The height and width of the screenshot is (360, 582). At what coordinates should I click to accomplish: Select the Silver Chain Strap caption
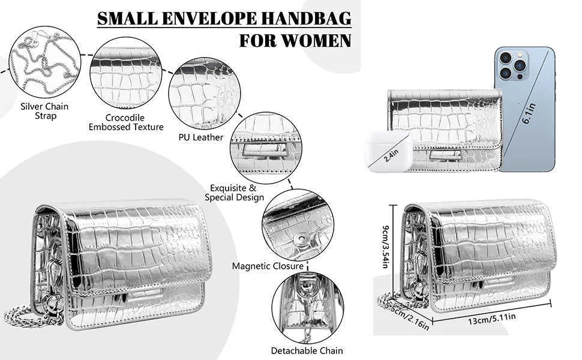tap(44, 111)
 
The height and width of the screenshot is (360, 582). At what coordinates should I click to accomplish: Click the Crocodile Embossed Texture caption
tap(126, 122)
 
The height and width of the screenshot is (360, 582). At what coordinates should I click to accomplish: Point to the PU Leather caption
tap(201, 137)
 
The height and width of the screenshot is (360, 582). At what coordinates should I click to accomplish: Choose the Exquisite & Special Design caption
tap(234, 193)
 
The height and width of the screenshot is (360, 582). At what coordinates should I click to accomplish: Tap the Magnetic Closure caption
tap(268, 266)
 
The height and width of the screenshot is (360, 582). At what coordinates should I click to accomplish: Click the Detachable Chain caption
tap(307, 351)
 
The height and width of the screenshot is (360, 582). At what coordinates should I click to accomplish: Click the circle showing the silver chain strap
tap(45, 62)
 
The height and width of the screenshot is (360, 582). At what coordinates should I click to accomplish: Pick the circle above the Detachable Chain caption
tap(308, 308)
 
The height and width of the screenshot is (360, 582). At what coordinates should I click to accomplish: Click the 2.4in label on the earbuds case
tap(391, 155)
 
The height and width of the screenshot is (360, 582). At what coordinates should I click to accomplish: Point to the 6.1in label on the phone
tap(529, 113)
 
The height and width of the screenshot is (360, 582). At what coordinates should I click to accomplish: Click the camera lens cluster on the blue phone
tap(514, 65)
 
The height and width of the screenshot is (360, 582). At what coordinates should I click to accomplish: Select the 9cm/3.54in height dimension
tap(386, 246)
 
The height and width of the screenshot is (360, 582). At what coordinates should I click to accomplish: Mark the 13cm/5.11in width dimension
tap(491, 319)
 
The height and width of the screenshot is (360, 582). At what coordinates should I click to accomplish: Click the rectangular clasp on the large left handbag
tap(141, 294)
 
